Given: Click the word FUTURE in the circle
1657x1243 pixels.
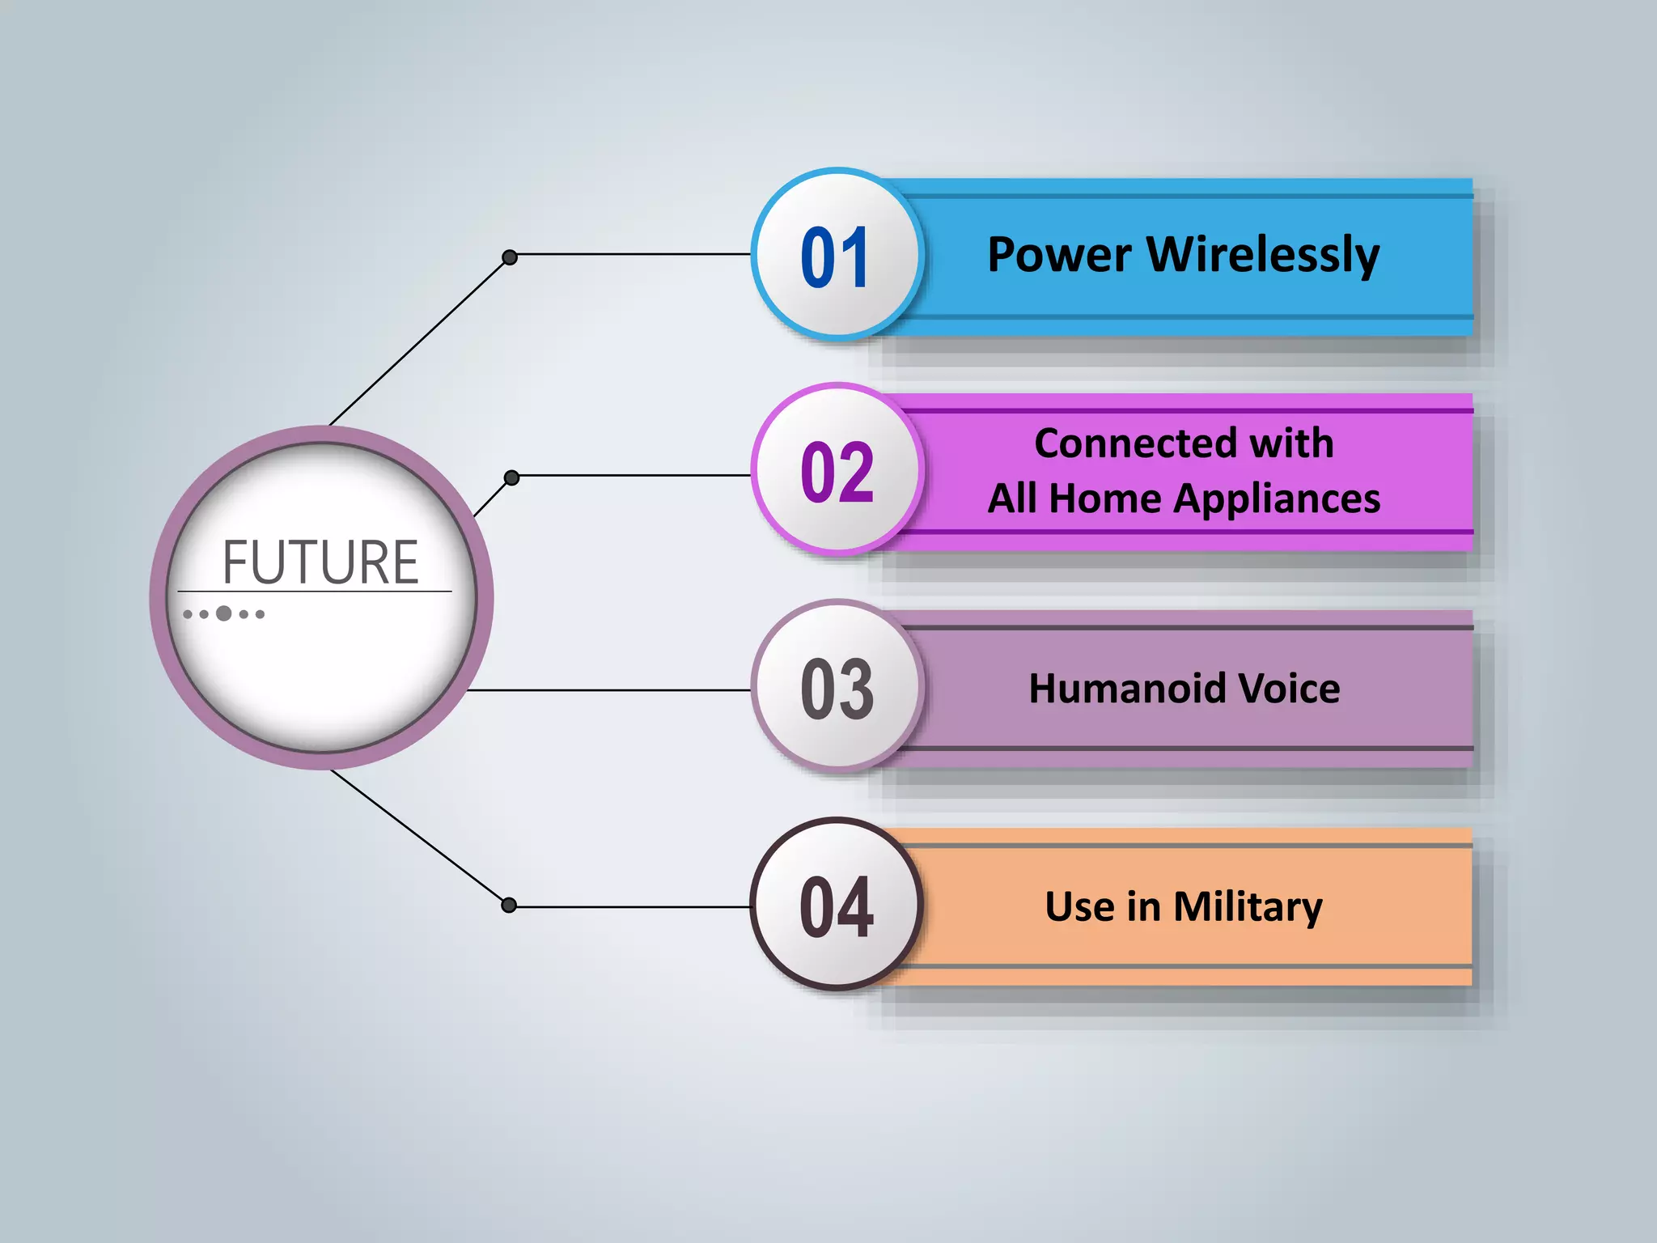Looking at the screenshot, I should click(x=320, y=562).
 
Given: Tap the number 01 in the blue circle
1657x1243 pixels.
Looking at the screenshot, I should click(x=835, y=257).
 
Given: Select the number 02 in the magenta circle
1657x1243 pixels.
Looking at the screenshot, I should click(x=837, y=473).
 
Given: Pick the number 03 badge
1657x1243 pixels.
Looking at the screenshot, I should click(x=837, y=689).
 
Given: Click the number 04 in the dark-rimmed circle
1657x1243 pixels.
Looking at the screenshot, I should click(x=836, y=906).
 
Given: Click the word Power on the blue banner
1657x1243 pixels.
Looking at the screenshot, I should click(x=1059, y=255).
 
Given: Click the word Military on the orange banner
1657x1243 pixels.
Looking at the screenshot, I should click(x=1248, y=906).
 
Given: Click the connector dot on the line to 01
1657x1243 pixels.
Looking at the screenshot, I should click(x=510, y=257).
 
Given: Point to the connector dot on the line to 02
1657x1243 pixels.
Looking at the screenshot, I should click(x=511, y=477).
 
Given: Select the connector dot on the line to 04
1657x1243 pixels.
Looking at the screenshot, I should click(x=509, y=905).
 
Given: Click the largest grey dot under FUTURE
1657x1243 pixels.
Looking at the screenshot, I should click(x=224, y=613).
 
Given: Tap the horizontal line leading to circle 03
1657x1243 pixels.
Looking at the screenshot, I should click(x=607, y=690).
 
